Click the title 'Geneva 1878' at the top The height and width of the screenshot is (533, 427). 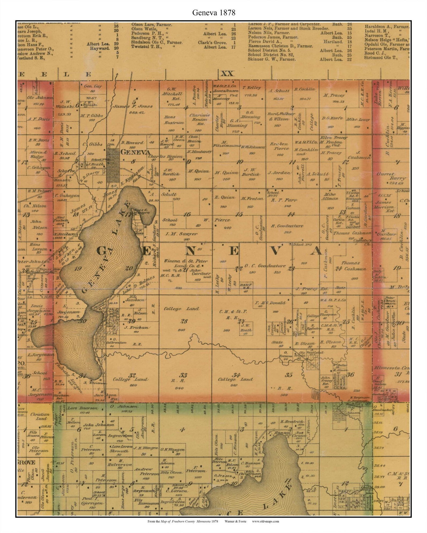213,12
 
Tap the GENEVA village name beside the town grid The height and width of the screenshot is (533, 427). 135,152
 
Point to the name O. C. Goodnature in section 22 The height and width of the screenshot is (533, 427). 265,266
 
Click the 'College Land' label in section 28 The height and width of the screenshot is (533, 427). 182,309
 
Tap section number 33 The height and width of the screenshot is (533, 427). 183,375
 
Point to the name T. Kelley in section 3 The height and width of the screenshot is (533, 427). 252,88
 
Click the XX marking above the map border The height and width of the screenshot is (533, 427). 227,73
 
